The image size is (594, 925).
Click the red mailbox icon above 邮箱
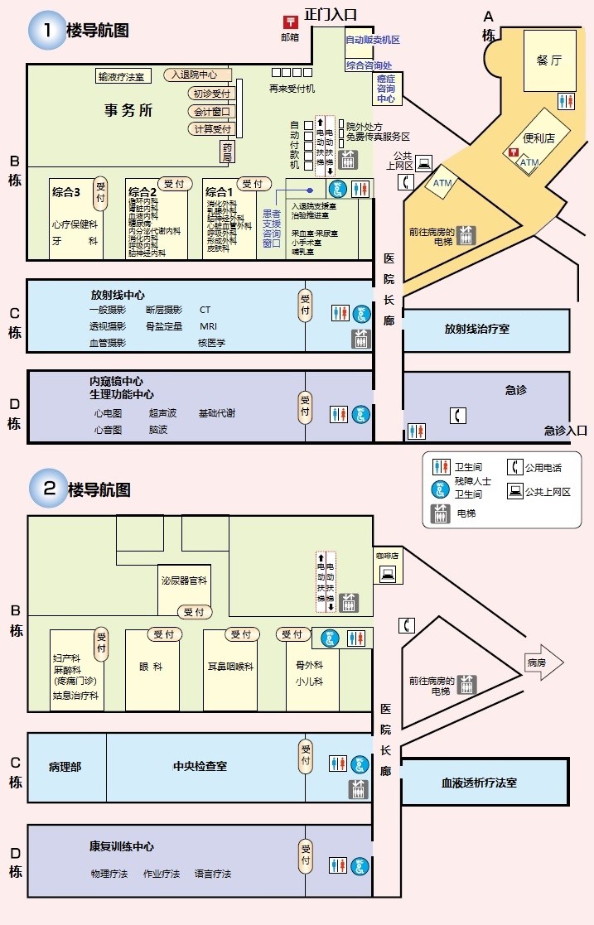pos(290,22)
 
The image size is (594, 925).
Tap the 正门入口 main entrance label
pos(331,14)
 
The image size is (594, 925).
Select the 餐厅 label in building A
pos(548,60)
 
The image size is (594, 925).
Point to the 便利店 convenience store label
pos(538,137)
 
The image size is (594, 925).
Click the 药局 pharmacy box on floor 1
pos(227,152)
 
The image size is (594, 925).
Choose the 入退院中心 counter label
pos(196,75)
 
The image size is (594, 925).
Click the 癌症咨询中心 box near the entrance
pos(386,88)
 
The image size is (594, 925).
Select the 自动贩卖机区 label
pos(372,40)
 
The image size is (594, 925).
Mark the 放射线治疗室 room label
pos(476,329)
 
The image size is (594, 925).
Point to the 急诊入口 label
pos(565,430)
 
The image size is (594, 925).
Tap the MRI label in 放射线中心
pos(208,326)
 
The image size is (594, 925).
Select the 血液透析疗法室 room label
pos(479,782)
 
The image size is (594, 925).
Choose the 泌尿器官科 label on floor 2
pos(184,581)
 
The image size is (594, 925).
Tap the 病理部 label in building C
pos(65,767)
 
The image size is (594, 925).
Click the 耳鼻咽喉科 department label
pos(230,666)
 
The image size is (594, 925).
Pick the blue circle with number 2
pos(49,488)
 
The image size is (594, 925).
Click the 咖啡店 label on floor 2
pos(387,556)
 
